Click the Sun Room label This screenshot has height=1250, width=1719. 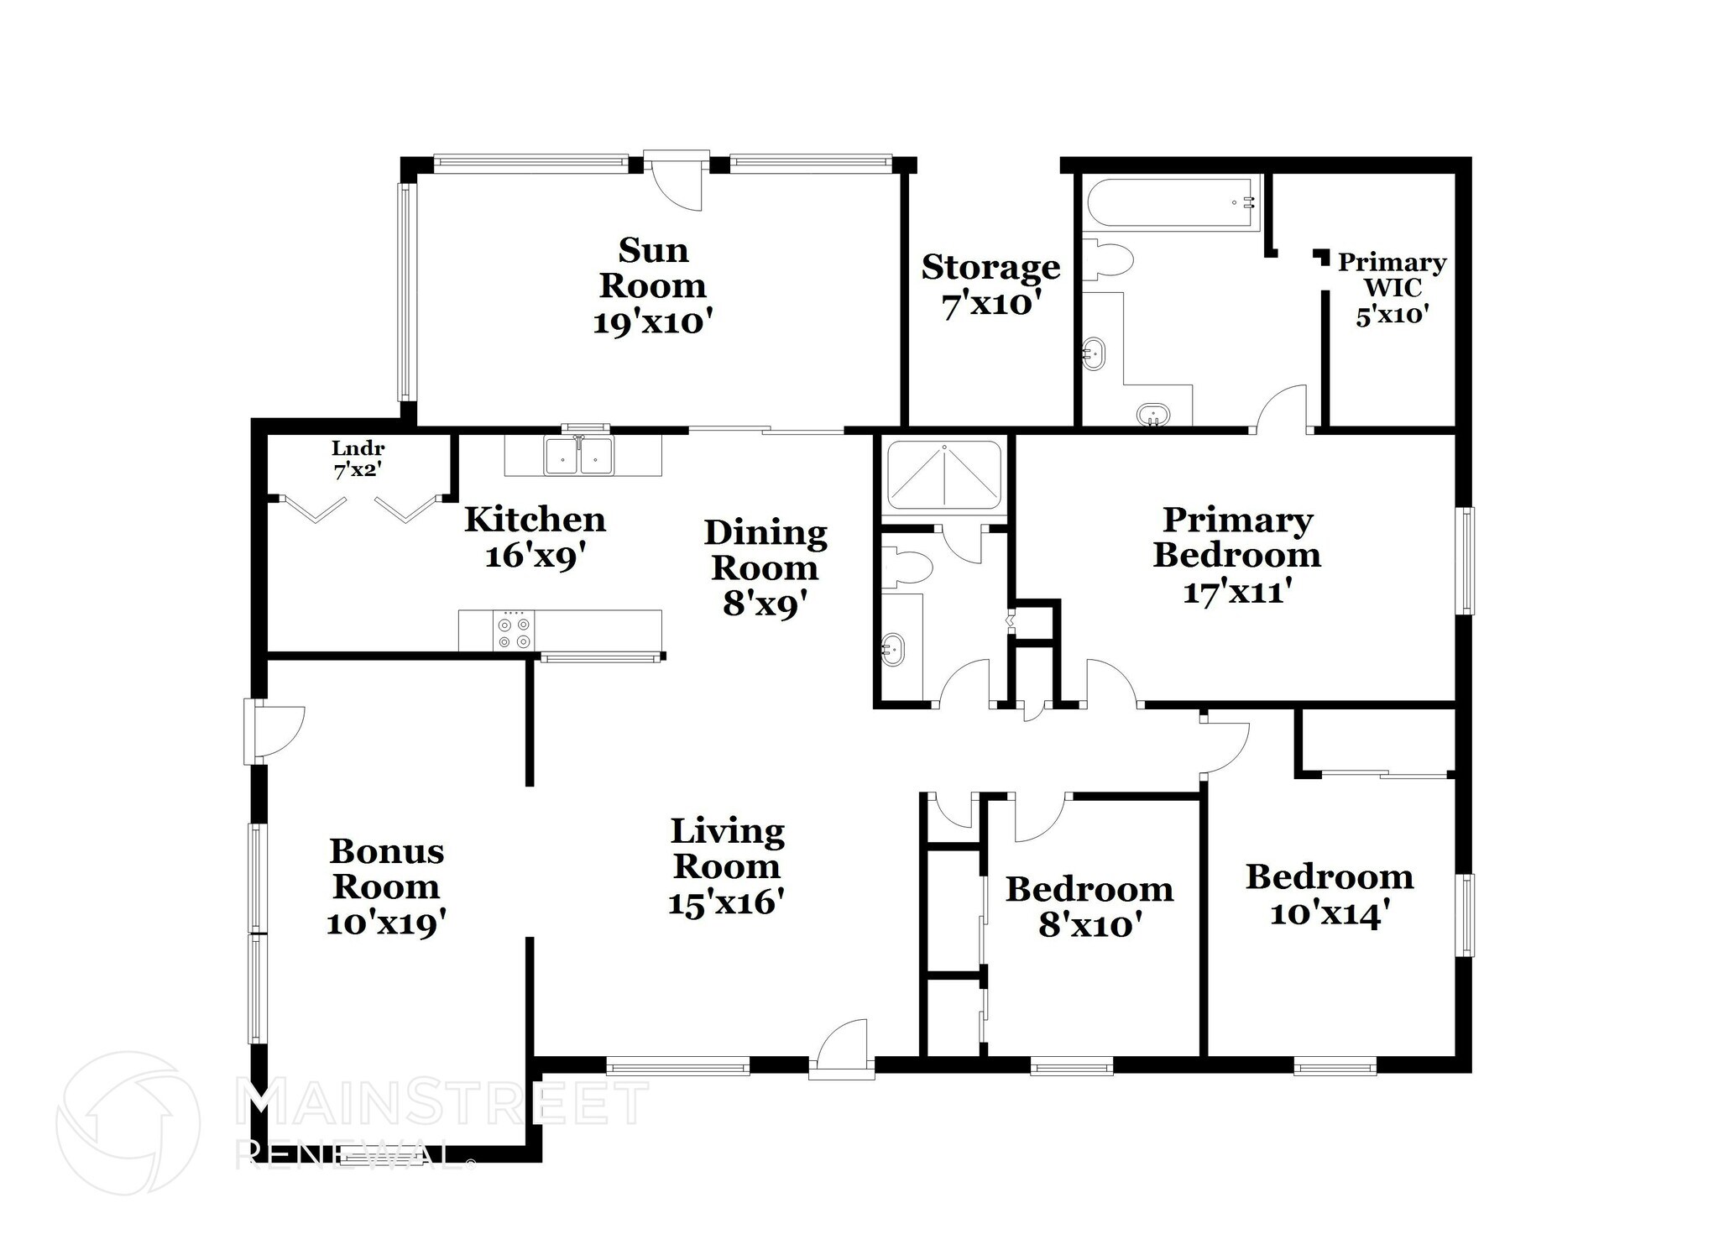652,285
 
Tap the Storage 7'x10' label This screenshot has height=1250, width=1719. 990,285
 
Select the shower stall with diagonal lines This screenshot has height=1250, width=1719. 944,475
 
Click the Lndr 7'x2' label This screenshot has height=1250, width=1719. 358,459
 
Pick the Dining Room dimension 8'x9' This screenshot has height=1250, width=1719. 765,604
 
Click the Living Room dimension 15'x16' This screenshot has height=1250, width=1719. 726,903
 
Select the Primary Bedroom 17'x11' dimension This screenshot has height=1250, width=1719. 1236,592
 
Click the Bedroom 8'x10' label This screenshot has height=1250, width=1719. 1089,907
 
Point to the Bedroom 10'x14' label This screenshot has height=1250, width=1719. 1330,894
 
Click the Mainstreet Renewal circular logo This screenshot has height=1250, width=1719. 128,1122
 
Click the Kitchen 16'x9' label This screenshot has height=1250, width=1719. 535,537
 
